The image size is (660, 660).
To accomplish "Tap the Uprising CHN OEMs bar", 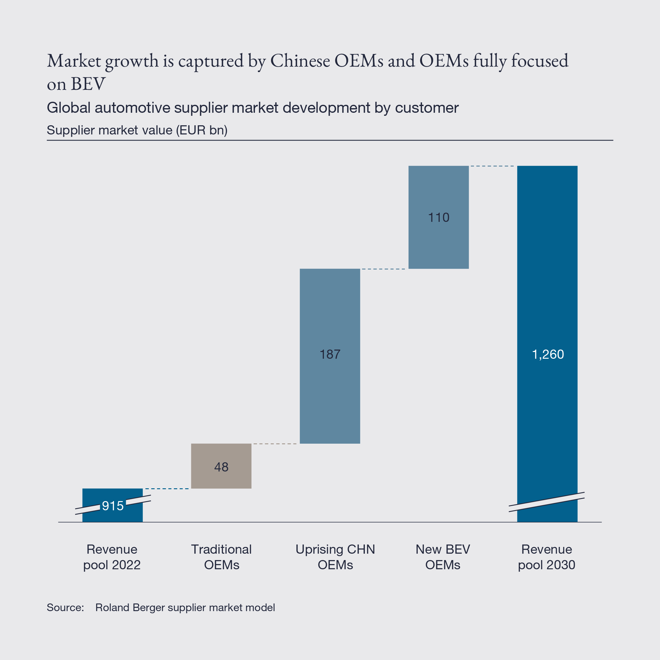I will coord(330,393).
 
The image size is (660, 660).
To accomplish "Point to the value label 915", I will coord(113,506).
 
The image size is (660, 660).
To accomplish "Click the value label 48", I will coord(221,467).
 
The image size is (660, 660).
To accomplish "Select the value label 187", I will coord(330,354).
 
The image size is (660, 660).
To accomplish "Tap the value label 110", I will coord(439,218).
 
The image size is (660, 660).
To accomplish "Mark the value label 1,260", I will coord(548,354).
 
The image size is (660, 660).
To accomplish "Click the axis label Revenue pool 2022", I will coord(112,557).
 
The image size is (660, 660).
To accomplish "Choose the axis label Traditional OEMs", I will coord(221,557).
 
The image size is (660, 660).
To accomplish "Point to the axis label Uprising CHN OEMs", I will coord(335,557).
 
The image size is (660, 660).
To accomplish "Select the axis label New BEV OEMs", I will coord(443,557).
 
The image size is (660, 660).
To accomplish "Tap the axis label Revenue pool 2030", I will coord(547,557).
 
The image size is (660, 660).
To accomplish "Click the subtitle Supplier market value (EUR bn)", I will coord(137,130).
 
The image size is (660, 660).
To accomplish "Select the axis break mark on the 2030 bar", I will coord(547,502).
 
